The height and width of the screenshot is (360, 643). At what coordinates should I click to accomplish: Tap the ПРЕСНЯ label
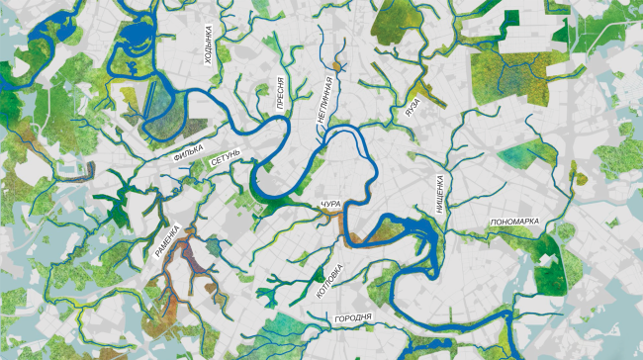[281, 90]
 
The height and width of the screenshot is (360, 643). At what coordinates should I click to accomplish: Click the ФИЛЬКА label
[189, 155]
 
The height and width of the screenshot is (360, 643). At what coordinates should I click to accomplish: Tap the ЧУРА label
[330, 204]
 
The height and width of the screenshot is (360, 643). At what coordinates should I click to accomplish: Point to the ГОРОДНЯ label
[352, 318]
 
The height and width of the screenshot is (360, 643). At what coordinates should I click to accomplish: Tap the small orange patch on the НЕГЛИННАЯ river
[336, 66]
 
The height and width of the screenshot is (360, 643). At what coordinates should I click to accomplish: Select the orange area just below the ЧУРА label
[346, 225]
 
